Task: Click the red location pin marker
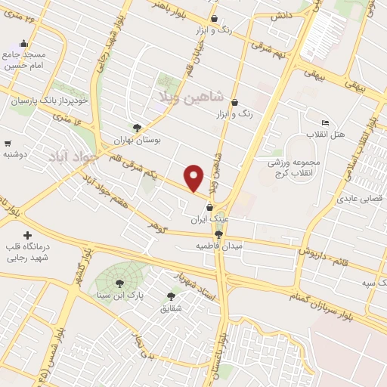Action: [195, 178]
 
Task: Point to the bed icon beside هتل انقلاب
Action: [325, 123]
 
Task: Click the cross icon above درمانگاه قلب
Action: [29, 237]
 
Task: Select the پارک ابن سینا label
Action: [120, 293]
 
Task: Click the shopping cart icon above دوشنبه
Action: [8, 143]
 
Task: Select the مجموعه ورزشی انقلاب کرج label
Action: [295, 167]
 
